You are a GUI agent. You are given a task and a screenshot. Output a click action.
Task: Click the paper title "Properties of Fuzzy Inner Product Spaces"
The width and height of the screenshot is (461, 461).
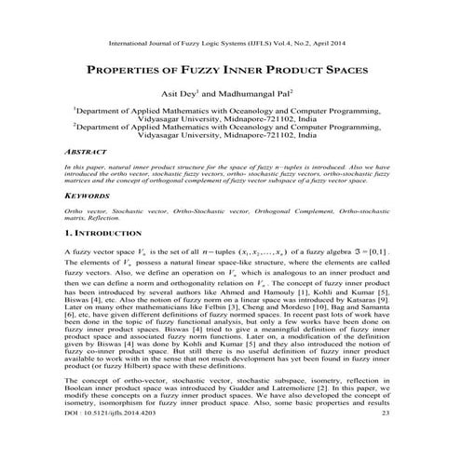pos(230,71)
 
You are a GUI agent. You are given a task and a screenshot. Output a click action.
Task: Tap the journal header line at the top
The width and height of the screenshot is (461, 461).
pos(230,43)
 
